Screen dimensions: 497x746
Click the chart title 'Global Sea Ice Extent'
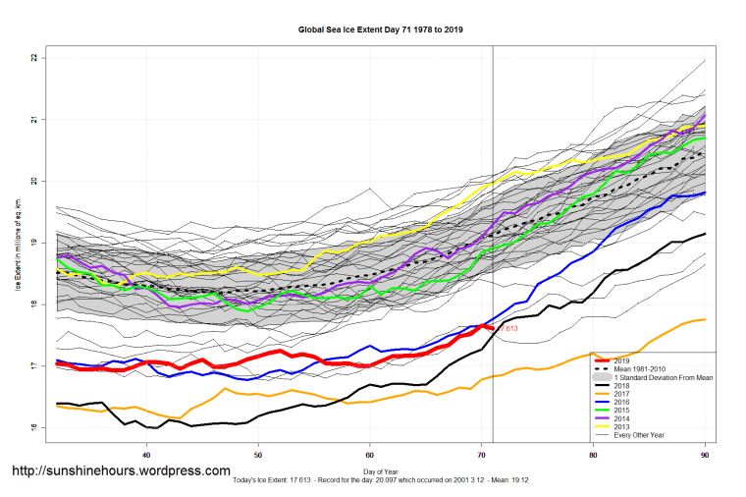pyautogui.click(x=380, y=29)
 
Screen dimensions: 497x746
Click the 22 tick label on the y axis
pyautogui.click(x=34, y=58)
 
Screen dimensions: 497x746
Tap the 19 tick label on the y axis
pyautogui.click(x=34, y=244)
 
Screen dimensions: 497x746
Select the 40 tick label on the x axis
pyautogui.click(x=146, y=456)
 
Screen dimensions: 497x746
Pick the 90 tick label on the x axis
pyautogui.click(x=705, y=456)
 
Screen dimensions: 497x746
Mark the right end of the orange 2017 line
pyautogui.click(x=705, y=319)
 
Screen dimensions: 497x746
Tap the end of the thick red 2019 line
pyautogui.click(x=493, y=328)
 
